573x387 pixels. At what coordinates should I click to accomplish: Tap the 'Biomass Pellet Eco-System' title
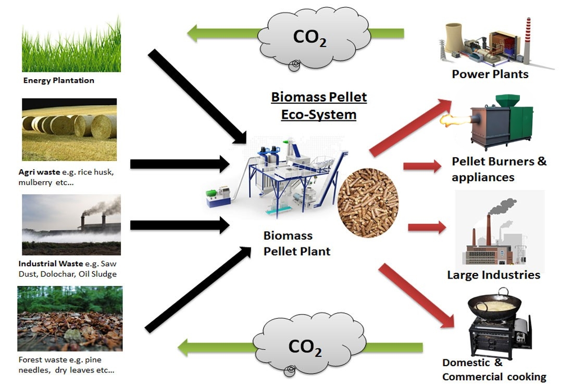click(319, 106)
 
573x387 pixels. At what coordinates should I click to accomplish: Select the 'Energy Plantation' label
click(59, 80)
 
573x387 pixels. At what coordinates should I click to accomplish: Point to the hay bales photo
click(69, 129)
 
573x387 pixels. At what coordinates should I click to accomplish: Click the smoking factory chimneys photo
click(71, 224)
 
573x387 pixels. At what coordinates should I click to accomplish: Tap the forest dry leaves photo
click(70, 318)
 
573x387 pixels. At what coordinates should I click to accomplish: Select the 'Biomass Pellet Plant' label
click(296, 243)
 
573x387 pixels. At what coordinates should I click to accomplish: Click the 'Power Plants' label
click(490, 74)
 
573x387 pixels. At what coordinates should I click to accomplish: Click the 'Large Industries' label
click(493, 274)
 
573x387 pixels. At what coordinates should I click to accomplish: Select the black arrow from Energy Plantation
click(198, 97)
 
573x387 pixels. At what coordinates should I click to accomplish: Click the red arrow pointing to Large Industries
click(427, 227)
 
